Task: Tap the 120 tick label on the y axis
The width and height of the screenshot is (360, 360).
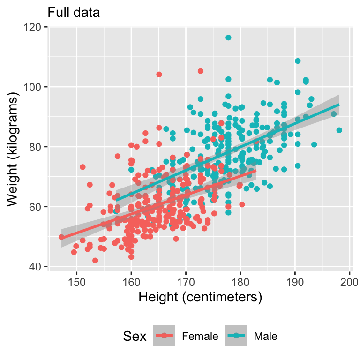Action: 34,27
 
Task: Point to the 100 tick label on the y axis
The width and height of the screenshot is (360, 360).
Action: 34,87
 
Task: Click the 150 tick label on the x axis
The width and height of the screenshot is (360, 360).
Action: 76,282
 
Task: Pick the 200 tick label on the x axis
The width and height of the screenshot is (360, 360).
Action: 349,282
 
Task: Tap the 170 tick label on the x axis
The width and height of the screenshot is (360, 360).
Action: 186,282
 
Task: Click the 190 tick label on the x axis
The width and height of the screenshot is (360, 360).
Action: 295,282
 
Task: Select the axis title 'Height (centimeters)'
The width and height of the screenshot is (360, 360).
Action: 199,297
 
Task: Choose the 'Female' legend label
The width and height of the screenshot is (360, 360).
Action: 200,336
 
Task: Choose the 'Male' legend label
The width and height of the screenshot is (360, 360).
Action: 265,336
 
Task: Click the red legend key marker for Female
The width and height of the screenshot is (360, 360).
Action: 164,336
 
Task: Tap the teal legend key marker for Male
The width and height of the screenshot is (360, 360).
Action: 236,336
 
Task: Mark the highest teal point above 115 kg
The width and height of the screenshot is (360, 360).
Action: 228,37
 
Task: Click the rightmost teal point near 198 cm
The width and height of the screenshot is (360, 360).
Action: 339,130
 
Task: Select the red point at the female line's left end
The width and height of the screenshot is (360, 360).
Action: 61,237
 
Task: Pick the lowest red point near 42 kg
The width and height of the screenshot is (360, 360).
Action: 95,260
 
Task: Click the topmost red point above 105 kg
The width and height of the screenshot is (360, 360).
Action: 201,71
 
